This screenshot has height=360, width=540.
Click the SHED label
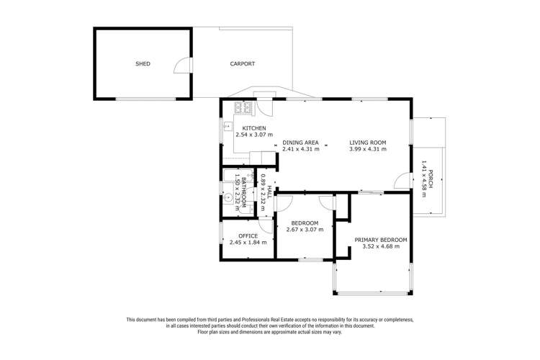143,64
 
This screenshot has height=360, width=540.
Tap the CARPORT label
243,64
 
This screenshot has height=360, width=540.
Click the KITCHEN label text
244,128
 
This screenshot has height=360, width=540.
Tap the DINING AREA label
300,143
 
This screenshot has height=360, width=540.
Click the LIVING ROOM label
368,143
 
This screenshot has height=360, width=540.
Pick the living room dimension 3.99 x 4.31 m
368,150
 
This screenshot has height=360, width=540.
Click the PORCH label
431,179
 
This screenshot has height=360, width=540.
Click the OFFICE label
248,235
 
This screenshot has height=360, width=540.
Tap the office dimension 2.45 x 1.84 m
248,243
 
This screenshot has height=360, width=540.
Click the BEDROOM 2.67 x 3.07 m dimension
305,230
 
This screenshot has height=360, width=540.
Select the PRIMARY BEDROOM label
381,240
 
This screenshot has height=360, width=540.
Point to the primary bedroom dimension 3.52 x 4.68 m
381,247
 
